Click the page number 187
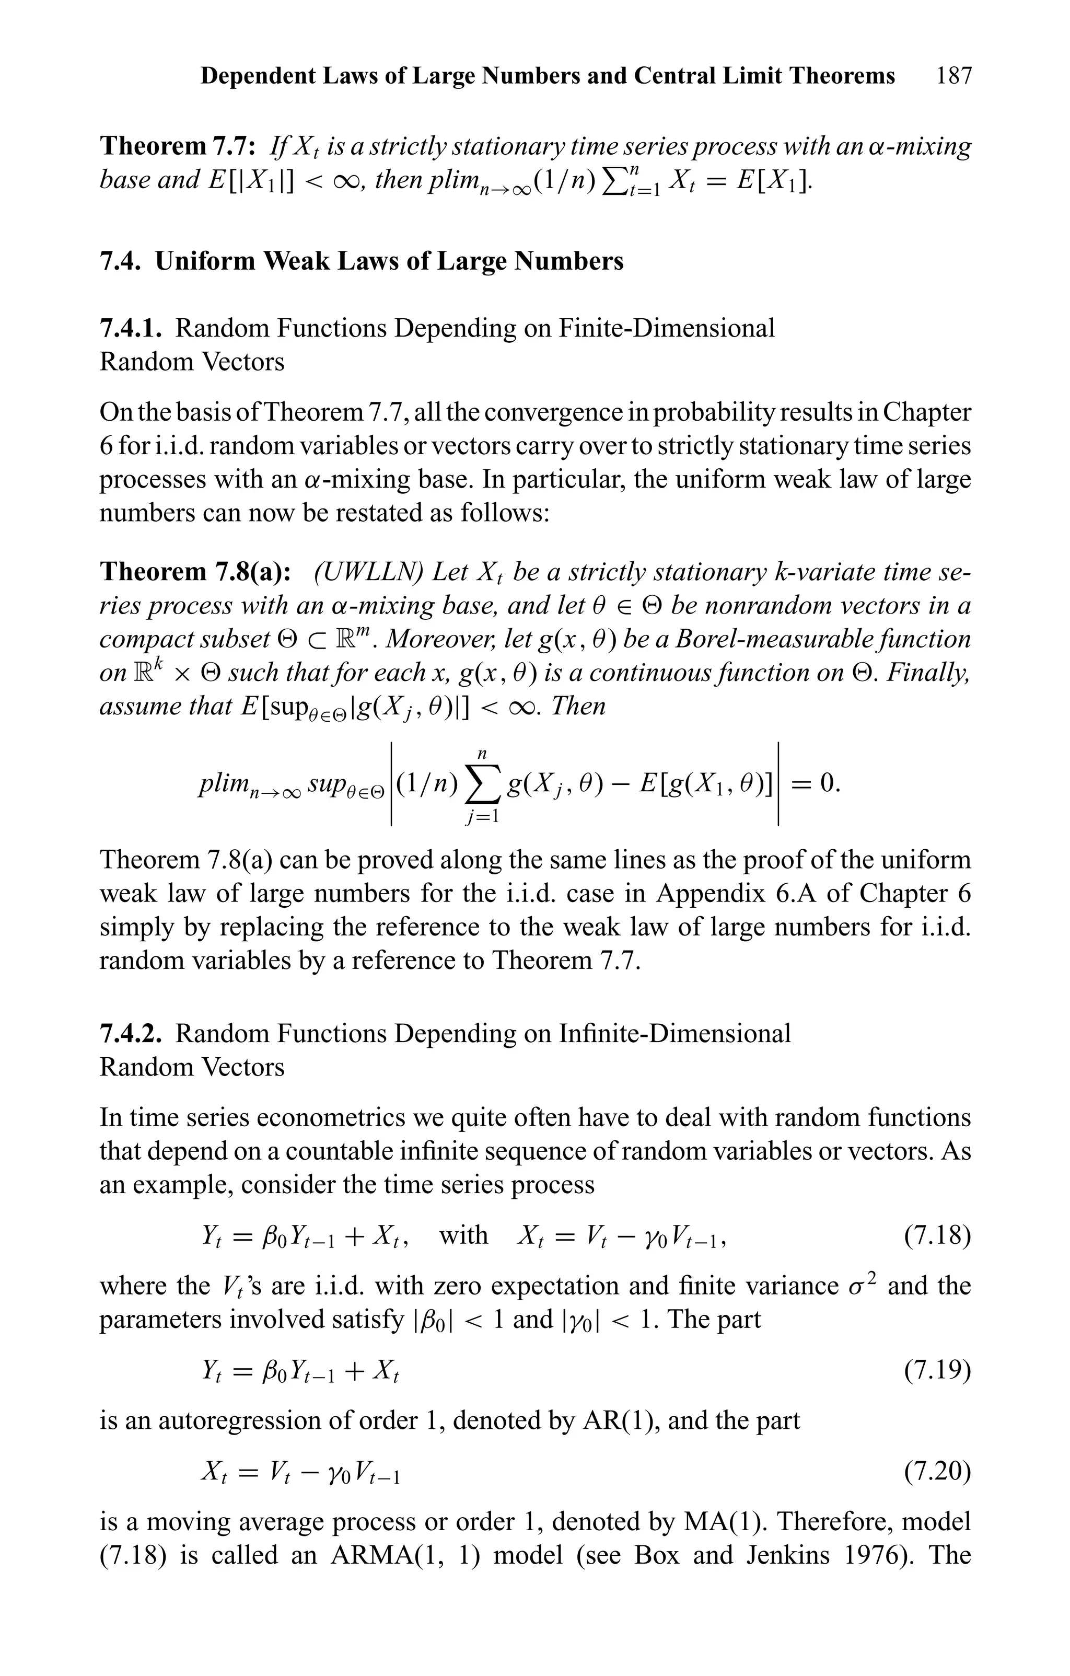(953, 76)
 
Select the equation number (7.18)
(937, 1235)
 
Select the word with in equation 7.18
(463, 1235)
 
